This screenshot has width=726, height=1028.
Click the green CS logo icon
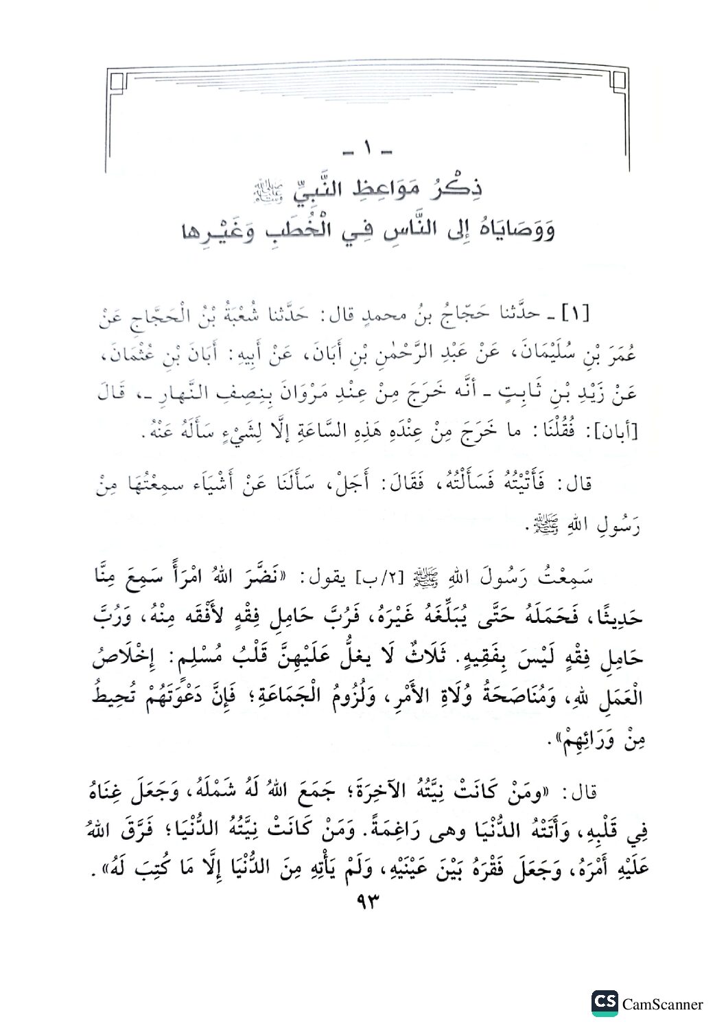click(604, 1003)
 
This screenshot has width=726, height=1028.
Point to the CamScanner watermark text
click(662, 1005)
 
